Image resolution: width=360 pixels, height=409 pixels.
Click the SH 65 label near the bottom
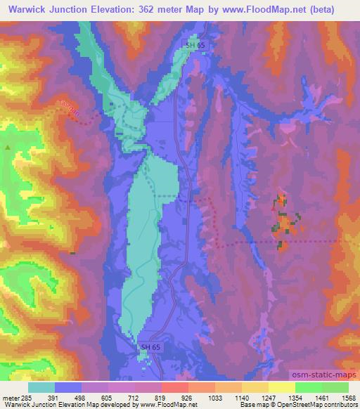150,347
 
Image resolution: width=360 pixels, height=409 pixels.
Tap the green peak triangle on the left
8,148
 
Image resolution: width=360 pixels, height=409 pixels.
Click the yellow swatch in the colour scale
281,387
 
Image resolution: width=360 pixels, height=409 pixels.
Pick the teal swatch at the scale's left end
41,387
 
